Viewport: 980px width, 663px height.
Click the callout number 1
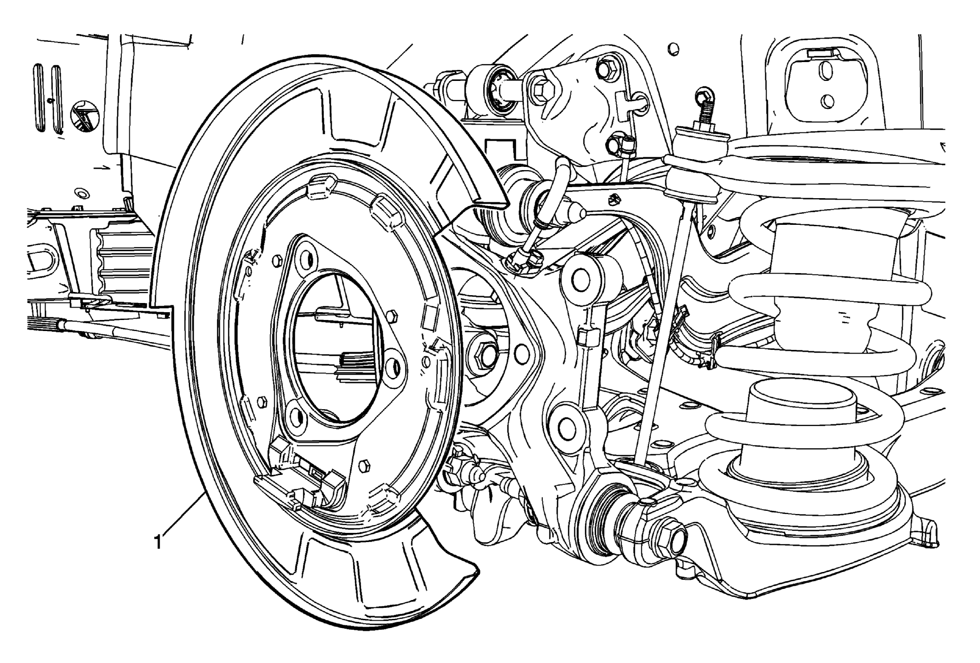[x=158, y=541]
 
